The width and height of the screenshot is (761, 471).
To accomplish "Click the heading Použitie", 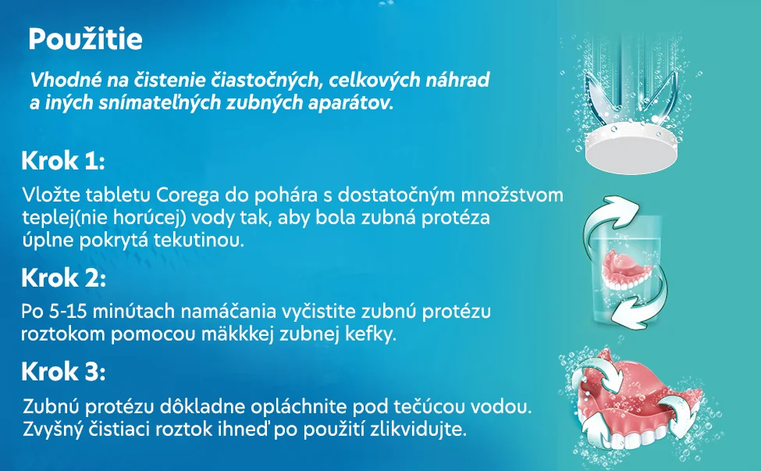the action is [x=85, y=39].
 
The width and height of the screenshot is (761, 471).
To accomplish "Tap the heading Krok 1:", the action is [x=63, y=161].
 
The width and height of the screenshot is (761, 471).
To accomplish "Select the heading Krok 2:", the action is [x=63, y=278].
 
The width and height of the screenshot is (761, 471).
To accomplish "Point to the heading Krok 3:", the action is [x=63, y=372].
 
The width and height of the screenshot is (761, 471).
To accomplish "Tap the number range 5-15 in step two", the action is [x=68, y=311].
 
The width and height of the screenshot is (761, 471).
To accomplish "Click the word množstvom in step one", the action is [x=512, y=195].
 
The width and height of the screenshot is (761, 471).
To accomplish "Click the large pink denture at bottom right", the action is [x=637, y=403].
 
